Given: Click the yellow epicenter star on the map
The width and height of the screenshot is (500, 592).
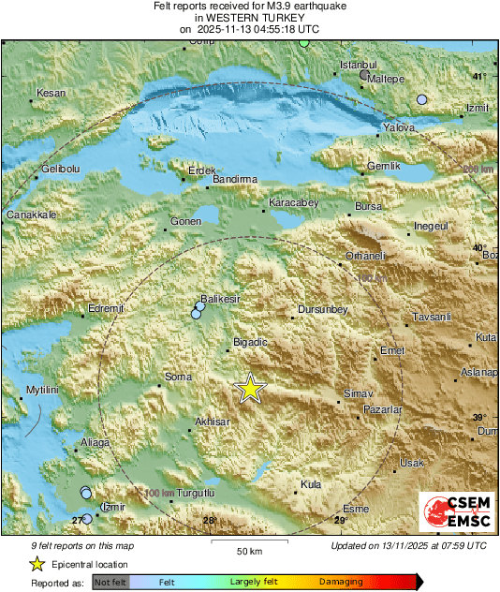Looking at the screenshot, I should tap(249, 388).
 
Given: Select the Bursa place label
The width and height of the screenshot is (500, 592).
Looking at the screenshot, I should tap(369, 205).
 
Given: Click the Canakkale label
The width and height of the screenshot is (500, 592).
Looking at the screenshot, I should tap(33, 215).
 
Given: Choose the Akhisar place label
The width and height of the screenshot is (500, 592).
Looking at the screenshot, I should tap(212, 422).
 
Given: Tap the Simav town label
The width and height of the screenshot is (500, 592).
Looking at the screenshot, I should tap(359, 393).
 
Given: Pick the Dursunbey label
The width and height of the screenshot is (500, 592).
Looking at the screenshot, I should tap(322, 309).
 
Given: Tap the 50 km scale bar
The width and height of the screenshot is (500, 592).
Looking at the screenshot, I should tap(248, 542).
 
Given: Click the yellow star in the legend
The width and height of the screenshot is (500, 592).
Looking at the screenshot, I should tap(37, 564).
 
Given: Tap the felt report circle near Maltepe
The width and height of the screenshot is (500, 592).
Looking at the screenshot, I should tap(364, 75).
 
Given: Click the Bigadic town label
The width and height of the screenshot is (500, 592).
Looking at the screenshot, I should tap(250, 342).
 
